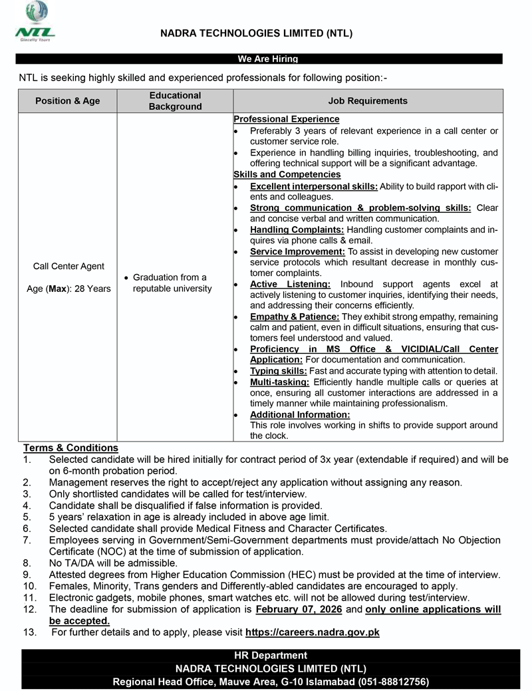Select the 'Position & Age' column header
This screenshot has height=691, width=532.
[68, 101]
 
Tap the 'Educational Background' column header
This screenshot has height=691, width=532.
[175, 101]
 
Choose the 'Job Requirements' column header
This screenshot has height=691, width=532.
[368, 101]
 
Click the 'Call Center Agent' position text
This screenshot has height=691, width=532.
[68, 266]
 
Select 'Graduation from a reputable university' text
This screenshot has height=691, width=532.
[172, 283]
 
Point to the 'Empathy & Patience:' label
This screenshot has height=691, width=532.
[295, 317]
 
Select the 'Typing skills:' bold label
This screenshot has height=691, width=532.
[278, 370]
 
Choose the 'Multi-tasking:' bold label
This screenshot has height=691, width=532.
[279, 382]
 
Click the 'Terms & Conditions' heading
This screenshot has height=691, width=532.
[70, 448]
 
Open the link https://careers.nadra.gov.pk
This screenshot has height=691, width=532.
[312, 632]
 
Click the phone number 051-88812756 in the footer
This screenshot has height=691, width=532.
[392, 682]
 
